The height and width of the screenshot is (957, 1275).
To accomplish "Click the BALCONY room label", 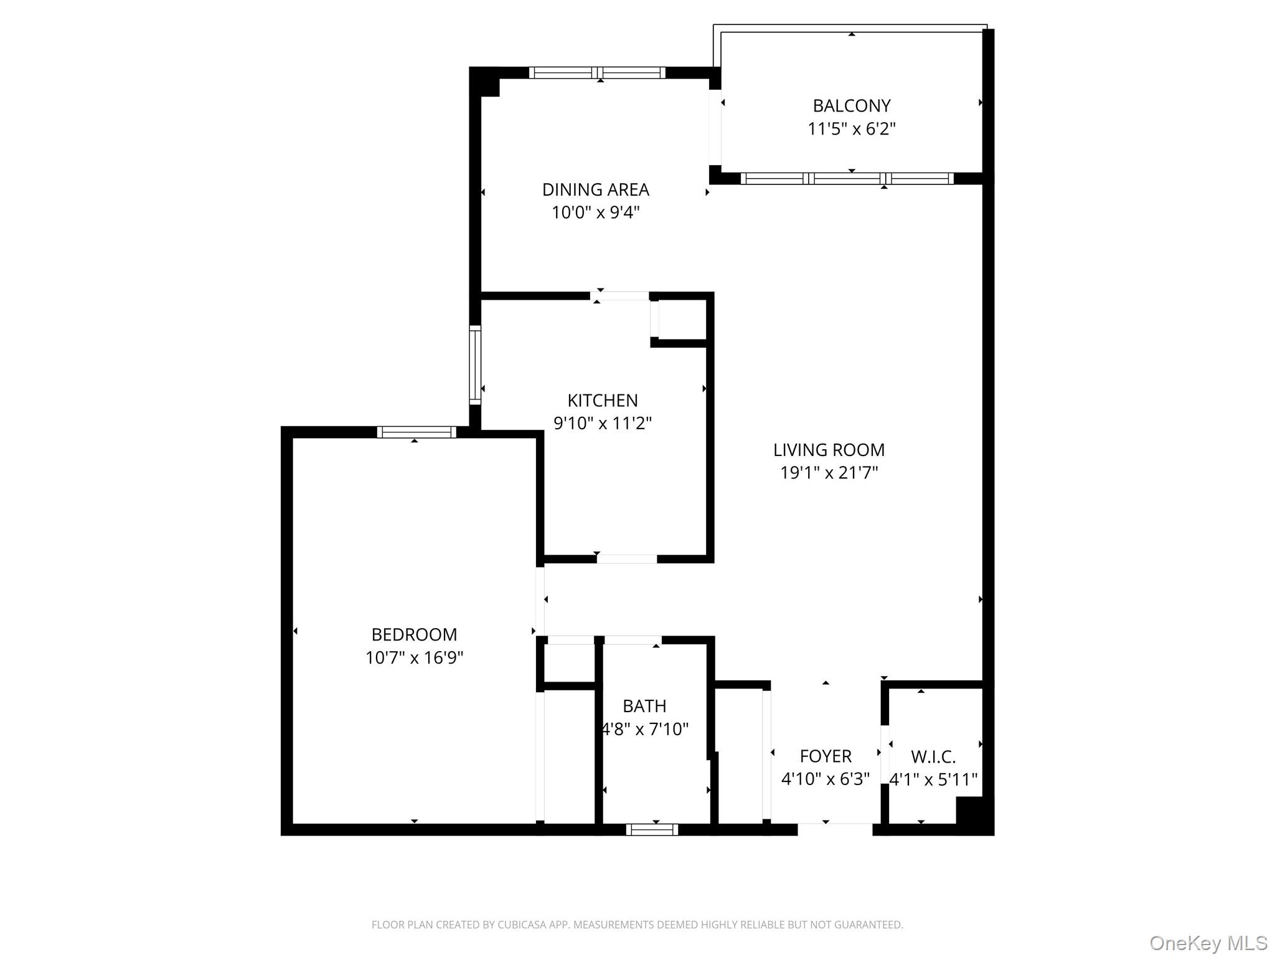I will pyautogui.click(x=851, y=106).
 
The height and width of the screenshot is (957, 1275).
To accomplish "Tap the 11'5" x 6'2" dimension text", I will pyautogui.click(x=851, y=129).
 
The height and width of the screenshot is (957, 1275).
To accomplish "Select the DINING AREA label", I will pyautogui.click(x=595, y=189).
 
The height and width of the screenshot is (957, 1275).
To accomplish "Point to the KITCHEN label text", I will pyautogui.click(x=602, y=400).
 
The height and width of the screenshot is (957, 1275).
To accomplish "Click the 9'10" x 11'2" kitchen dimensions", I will pyautogui.click(x=602, y=424).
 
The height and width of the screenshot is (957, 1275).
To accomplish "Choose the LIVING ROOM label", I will pyautogui.click(x=829, y=450).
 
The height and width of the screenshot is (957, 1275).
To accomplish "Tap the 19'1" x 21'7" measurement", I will pyautogui.click(x=829, y=473).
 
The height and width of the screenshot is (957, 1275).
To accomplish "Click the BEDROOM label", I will pyautogui.click(x=414, y=634).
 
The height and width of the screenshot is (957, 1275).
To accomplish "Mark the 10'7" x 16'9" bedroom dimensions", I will pyautogui.click(x=414, y=658).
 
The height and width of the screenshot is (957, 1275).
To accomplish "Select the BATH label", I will pyautogui.click(x=644, y=706).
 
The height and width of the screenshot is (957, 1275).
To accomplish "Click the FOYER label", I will pyautogui.click(x=826, y=756).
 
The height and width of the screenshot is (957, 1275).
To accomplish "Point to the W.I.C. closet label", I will pyautogui.click(x=933, y=757).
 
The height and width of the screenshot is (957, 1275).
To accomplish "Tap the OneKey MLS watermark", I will pyautogui.click(x=1208, y=943).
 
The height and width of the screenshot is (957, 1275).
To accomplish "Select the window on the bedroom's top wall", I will pyautogui.click(x=416, y=432).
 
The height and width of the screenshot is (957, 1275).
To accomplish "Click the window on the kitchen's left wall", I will pyautogui.click(x=475, y=364).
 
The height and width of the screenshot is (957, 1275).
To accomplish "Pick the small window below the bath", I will pyautogui.click(x=652, y=829).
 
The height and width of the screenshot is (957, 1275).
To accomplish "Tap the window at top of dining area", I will pyautogui.click(x=597, y=72).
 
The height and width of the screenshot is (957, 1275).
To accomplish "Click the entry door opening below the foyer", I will pyautogui.click(x=835, y=829).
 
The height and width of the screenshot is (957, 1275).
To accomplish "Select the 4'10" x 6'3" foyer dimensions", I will pyautogui.click(x=826, y=779).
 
